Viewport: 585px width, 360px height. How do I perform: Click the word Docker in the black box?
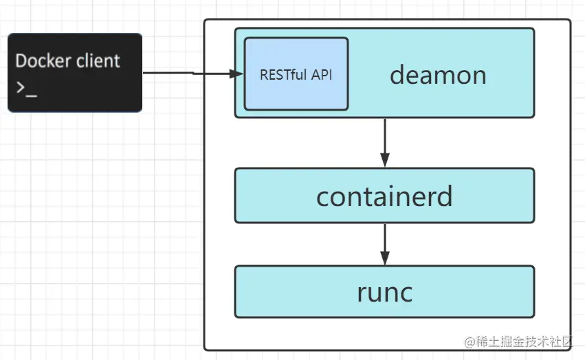(43, 61)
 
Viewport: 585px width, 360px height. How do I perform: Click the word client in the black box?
(98, 61)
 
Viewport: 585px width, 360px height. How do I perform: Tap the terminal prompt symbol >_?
(27, 89)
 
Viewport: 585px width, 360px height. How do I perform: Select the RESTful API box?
(296, 74)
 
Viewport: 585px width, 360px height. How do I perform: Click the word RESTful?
(283, 75)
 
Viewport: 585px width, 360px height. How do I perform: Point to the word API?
(322, 75)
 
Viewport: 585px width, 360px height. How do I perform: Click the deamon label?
(438, 75)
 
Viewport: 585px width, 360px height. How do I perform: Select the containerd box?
(385, 196)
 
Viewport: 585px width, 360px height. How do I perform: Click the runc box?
(385, 292)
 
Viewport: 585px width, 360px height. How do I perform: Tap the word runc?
(385, 293)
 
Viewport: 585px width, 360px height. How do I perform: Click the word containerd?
(384, 196)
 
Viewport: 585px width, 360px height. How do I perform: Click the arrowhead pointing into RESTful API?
(236, 74)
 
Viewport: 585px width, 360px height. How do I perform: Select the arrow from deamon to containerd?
(385, 143)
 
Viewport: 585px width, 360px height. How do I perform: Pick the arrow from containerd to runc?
(385, 245)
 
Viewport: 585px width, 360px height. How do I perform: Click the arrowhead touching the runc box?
(385, 258)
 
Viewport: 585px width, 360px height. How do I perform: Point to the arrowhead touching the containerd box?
(385, 160)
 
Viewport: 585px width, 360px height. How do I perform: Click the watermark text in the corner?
(518, 341)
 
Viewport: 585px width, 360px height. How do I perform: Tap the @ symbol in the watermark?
(470, 341)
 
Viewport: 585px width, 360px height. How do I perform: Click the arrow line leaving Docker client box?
(193, 73)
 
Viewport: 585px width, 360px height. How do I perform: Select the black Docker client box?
(75, 73)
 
